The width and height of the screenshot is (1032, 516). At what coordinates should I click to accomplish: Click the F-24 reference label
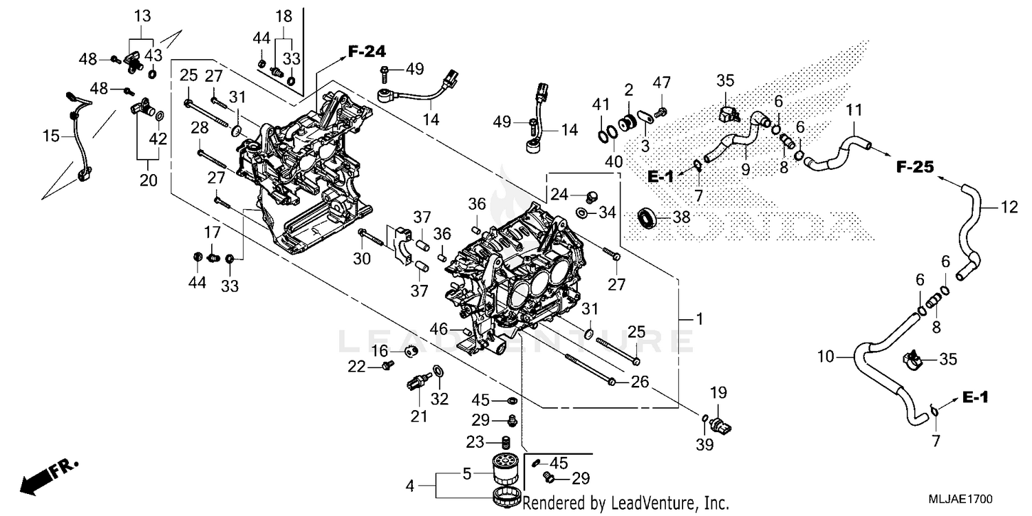[366, 50]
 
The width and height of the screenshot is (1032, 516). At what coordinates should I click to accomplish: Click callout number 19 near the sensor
[718, 393]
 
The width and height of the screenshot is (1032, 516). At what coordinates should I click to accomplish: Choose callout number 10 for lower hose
[826, 356]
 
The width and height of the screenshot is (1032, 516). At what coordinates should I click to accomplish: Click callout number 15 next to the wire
[51, 137]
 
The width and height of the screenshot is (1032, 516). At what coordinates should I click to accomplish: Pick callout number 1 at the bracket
[700, 319]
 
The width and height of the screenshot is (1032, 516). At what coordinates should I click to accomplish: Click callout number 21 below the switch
[419, 416]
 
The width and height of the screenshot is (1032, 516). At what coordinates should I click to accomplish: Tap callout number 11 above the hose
[853, 109]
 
